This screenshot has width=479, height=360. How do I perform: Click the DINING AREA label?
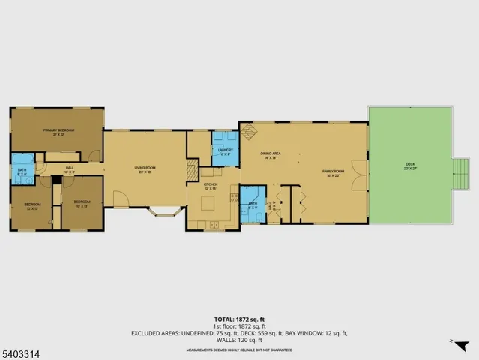pyautogui.click(x=269, y=155)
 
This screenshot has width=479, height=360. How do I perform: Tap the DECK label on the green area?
pyautogui.click(x=410, y=165)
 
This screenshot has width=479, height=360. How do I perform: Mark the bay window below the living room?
pyautogui.click(x=164, y=211)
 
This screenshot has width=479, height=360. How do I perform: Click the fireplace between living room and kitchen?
pyautogui.click(x=193, y=169)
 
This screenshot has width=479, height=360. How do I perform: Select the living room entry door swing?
pyautogui.click(x=120, y=199)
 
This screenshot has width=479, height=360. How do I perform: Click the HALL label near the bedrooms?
pyautogui.click(x=69, y=169)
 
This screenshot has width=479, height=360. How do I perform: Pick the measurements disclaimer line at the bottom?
pyautogui.click(x=239, y=350)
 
